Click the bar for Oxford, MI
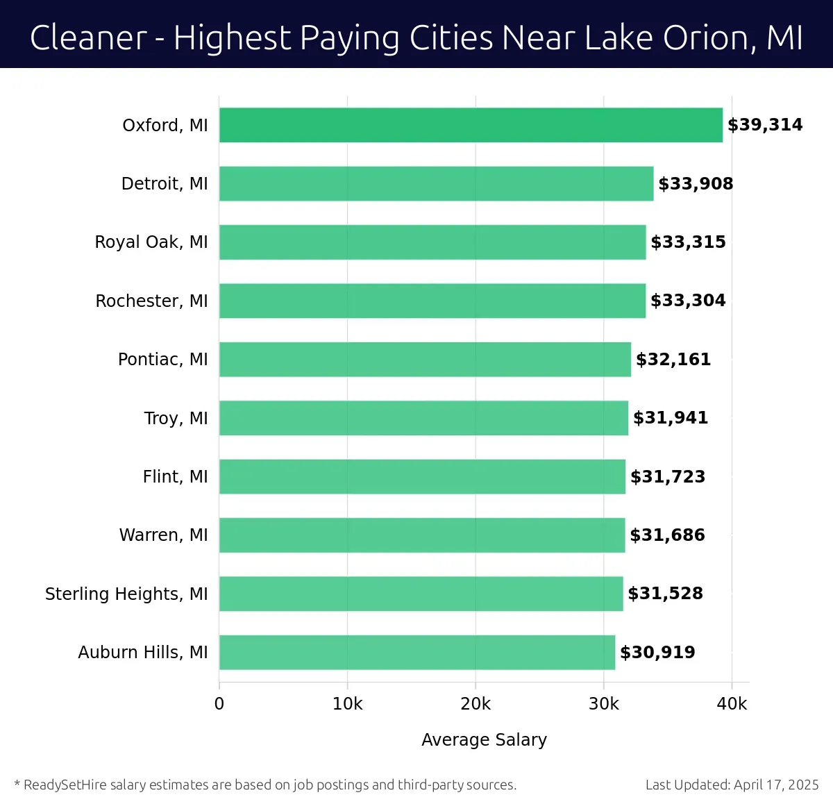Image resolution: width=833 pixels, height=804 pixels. pyautogui.click(x=471, y=125)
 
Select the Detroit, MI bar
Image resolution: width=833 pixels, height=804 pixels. pyautogui.click(x=436, y=183)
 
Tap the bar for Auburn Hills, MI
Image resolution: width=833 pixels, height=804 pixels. pyautogui.click(x=416, y=652)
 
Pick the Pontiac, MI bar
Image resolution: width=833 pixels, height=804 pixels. pyautogui.click(x=425, y=359)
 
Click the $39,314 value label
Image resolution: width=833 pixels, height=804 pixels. pyautogui.click(x=764, y=125)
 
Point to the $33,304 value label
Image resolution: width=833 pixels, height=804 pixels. pyautogui.click(x=687, y=301)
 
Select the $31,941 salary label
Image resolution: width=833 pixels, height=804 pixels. pyautogui.click(x=670, y=418)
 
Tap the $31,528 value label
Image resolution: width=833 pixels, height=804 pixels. pyautogui.click(x=665, y=594)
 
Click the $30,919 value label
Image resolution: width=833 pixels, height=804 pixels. pyautogui.click(x=657, y=652)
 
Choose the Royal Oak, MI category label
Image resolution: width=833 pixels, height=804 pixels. pyautogui.click(x=151, y=242)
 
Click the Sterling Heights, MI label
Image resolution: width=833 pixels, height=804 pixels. pyautogui.click(x=126, y=594)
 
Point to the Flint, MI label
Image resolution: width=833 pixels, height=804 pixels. pyautogui.click(x=175, y=476)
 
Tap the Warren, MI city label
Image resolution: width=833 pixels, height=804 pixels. pyautogui.click(x=163, y=535)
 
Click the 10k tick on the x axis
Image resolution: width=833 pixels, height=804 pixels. pyautogui.click(x=347, y=704)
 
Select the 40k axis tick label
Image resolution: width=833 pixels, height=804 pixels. pyautogui.click(x=732, y=704)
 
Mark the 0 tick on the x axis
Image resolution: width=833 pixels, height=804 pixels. pyautogui.click(x=219, y=704)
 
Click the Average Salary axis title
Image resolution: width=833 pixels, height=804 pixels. pyautogui.click(x=484, y=739)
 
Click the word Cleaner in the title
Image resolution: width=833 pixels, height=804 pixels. pyautogui.click(x=88, y=37)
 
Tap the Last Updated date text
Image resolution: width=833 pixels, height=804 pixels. pyautogui.click(x=732, y=785)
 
